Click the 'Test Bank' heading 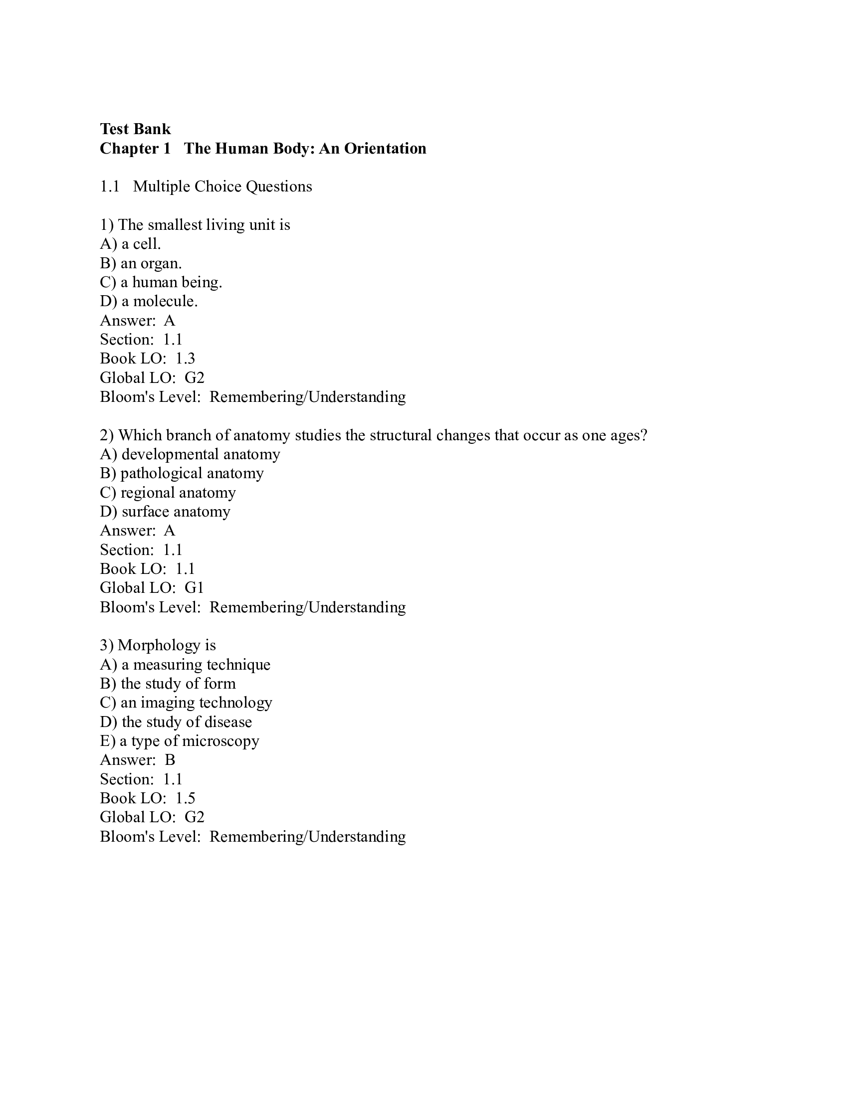tap(135, 129)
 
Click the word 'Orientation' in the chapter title tap(385, 149)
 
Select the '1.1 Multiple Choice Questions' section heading tap(206, 187)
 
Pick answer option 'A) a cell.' tap(130, 244)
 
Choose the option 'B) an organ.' tap(141, 263)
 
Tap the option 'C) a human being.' tap(161, 282)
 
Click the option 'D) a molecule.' tap(149, 301)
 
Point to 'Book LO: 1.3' tap(147, 359)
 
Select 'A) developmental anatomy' tap(190, 455)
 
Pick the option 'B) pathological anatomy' tap(182, 474)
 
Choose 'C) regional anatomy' tap(168, 493)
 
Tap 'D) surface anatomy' tap(165, 512)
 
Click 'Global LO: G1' tap(152, 588)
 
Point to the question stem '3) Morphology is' tap(158, 645)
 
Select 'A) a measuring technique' tap(185, 665)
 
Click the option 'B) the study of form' tap(168, 684)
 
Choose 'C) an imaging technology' tap(186, 703)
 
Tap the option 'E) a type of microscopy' tap(180, 741)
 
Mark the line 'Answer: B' tap(137, 760)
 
